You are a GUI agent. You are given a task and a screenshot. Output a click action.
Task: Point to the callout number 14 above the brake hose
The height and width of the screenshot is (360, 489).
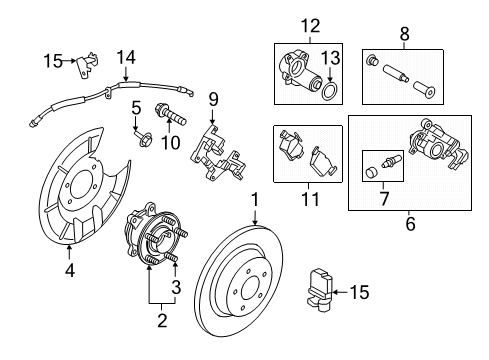click(126, 57)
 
